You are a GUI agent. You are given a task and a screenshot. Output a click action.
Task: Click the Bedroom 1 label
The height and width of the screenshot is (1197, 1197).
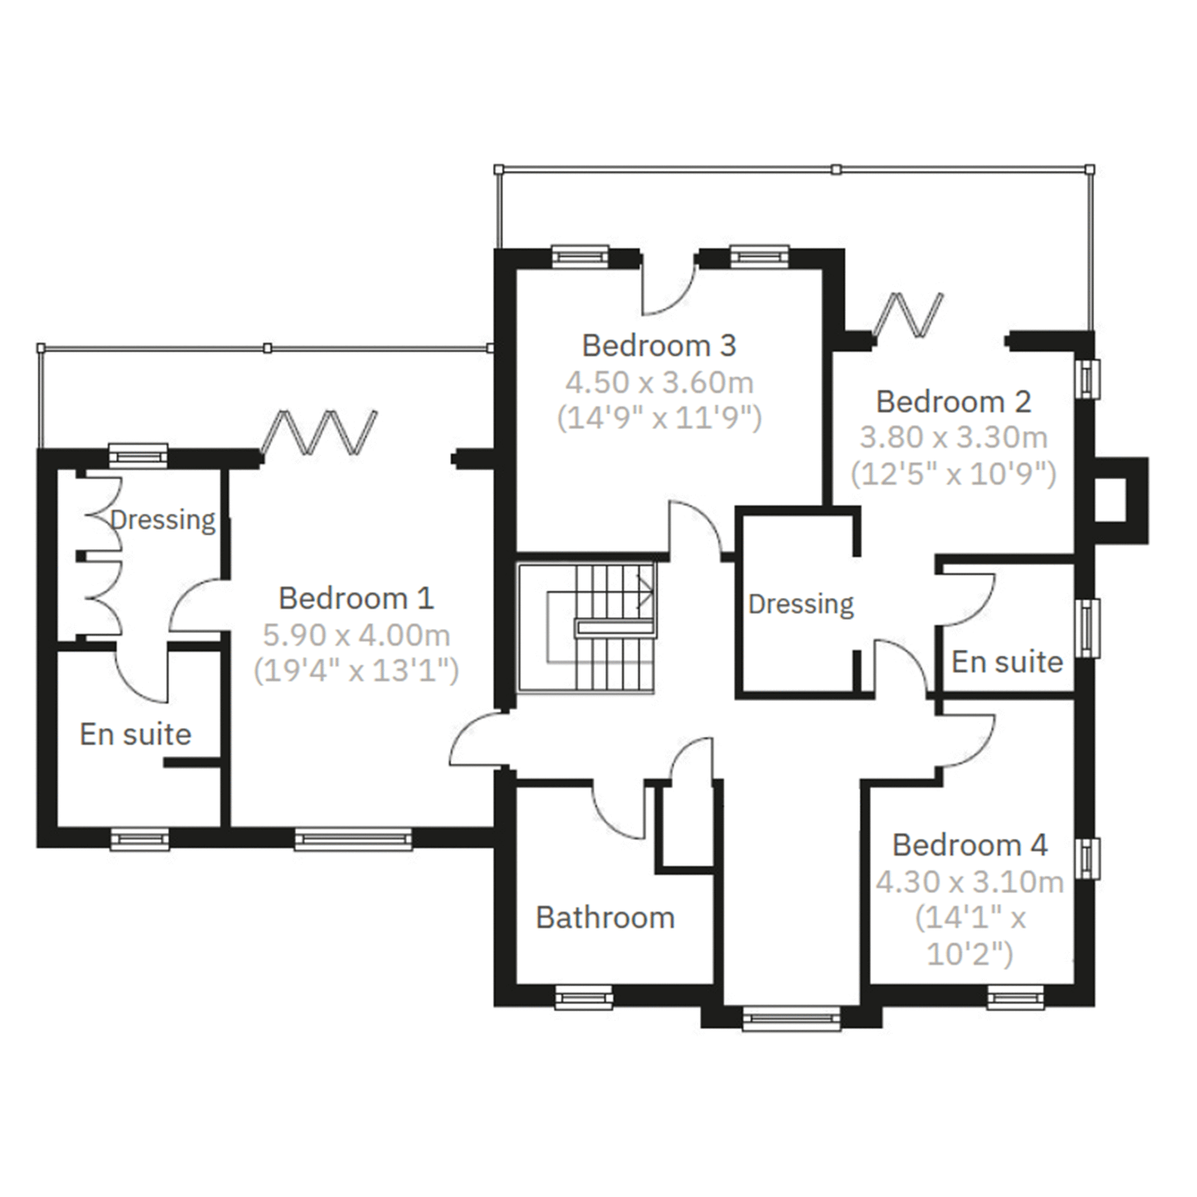(x=356, y=598)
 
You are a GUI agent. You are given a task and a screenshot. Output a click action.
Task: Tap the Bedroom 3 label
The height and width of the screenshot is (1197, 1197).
(x=659, y=346)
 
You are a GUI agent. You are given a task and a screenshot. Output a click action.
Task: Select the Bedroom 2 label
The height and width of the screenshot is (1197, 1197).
(x=953, y=402)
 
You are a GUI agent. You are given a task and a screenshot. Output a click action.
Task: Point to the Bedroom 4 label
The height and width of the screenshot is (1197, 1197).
(x=970, y=845)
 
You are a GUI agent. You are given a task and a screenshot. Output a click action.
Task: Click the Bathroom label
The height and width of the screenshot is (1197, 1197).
(x=605, y=918)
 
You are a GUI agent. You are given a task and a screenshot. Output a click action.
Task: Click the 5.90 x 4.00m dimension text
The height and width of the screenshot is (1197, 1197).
(x=356, y=636)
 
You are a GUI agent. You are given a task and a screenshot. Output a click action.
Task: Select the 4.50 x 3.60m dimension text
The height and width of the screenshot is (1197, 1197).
(x=659, y=383)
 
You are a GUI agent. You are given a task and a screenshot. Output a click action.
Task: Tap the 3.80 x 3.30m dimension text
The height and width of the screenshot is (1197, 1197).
(x=954, y=438)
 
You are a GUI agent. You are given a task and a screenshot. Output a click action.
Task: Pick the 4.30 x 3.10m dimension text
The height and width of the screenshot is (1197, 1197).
(x=970, y=882)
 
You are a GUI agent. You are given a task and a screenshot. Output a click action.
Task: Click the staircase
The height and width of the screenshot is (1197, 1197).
(x=587, y=628)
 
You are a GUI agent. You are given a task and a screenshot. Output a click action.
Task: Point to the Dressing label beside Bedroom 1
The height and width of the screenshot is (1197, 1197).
(x=162, y=519)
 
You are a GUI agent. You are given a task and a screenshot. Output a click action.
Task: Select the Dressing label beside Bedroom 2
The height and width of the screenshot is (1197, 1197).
(x=801, y=604)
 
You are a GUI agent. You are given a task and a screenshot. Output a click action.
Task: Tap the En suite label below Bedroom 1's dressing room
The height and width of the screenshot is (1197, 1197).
(x=135, y=734)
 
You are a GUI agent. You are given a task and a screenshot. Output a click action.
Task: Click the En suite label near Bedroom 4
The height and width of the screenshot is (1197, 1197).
(x=1007, y=662)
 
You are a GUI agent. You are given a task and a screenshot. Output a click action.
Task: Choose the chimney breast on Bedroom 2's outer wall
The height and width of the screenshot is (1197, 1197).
(x=1121, y=500)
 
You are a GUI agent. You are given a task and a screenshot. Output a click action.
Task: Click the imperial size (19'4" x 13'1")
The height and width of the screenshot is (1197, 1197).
(x=356, y=672)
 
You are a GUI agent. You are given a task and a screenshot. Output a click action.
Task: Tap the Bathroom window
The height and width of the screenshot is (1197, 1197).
(x=583, y=999)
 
